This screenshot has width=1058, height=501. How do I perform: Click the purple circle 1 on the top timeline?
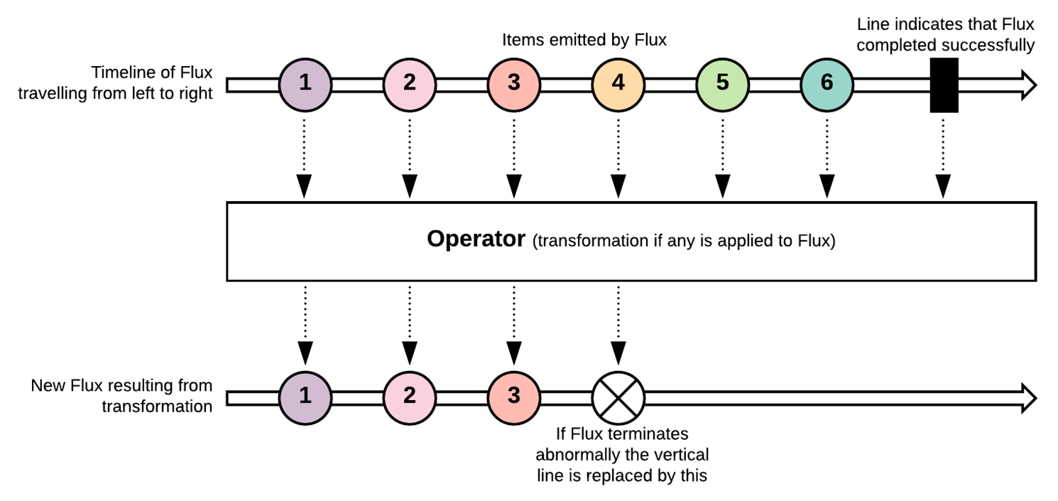[305, 83]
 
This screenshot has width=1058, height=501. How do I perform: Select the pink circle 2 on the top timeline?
[409, 83]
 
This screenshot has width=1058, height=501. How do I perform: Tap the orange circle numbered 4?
[618, 83]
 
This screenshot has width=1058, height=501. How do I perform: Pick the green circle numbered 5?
[722, 83]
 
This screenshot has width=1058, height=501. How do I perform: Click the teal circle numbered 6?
[827, 83]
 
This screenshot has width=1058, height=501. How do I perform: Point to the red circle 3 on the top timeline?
[513, 83]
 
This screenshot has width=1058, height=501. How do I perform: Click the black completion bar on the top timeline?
[944, 85]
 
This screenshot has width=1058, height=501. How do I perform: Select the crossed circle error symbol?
[618, 396]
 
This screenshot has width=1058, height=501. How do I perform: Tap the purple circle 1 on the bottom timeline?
[305, 396]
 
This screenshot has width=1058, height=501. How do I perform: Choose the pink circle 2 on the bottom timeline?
[409, 396]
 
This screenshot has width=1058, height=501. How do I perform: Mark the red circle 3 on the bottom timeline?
[513, 396]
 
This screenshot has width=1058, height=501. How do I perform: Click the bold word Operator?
[475, 240]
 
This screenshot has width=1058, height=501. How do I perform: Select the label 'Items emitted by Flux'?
[584, 40]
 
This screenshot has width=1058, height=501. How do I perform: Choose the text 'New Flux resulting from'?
[121, 386]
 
